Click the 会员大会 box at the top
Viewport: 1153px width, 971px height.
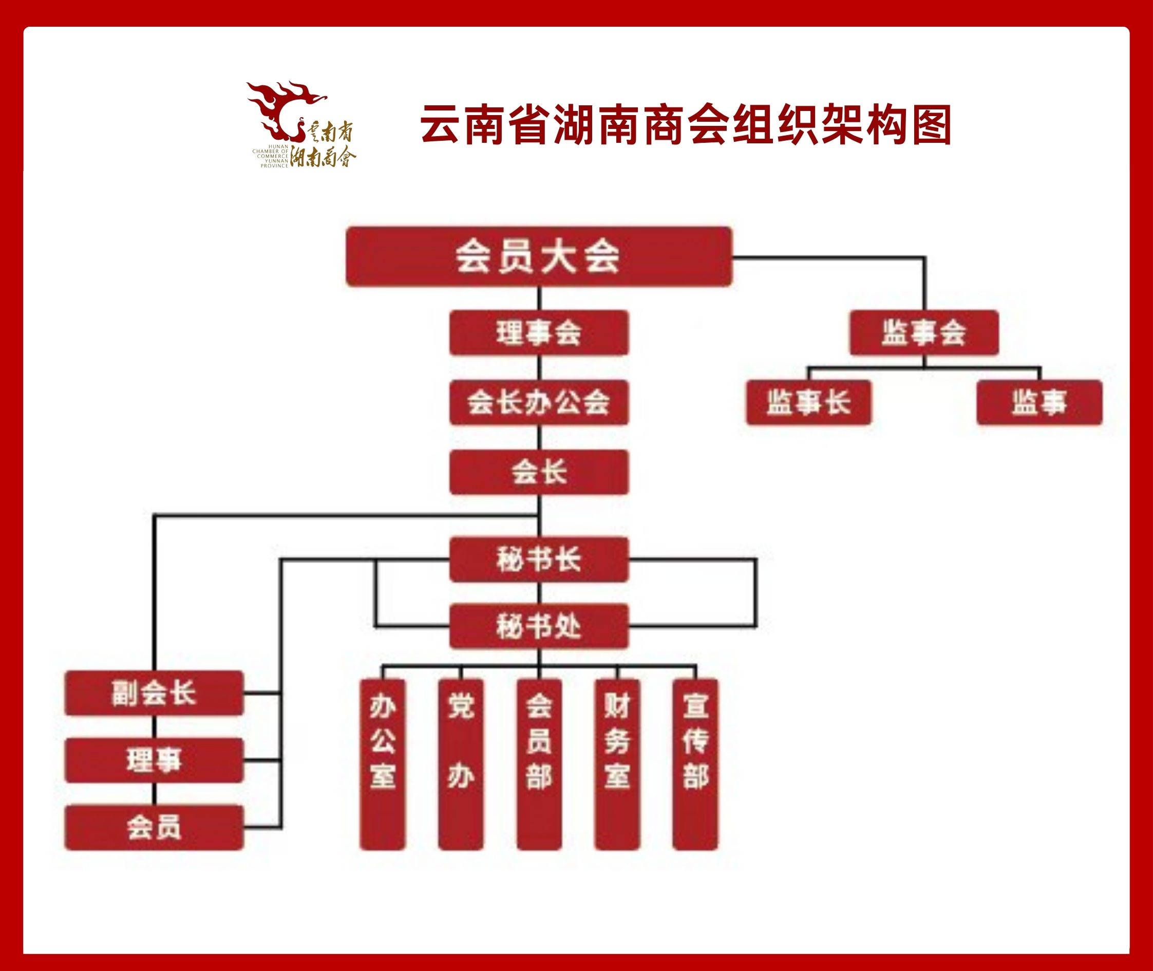point(539,256)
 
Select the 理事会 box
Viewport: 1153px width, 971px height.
point(539,333)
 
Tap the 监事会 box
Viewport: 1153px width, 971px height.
point(924,333)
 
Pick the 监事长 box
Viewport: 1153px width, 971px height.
point(809,402)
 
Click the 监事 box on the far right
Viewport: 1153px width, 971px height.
point(1039,402)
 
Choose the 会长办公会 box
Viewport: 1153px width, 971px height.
point(539,402)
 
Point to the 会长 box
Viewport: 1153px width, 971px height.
point(539,472)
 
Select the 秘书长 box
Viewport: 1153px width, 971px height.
point(539,560)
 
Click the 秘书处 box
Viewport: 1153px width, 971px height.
point(539,626)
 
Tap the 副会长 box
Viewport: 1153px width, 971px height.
point(154,693)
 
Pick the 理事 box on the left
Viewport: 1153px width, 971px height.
point(154,760)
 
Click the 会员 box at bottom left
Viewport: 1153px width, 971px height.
point(154,827)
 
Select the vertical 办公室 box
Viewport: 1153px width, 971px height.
point(383,764)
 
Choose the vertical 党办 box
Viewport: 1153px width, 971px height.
point(461,764)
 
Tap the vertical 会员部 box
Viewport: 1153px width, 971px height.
point(539,764)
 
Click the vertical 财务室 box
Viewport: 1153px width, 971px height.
point(617,764)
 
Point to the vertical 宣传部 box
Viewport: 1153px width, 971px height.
point(695,764)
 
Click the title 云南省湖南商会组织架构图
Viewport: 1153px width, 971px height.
point(686,125)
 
